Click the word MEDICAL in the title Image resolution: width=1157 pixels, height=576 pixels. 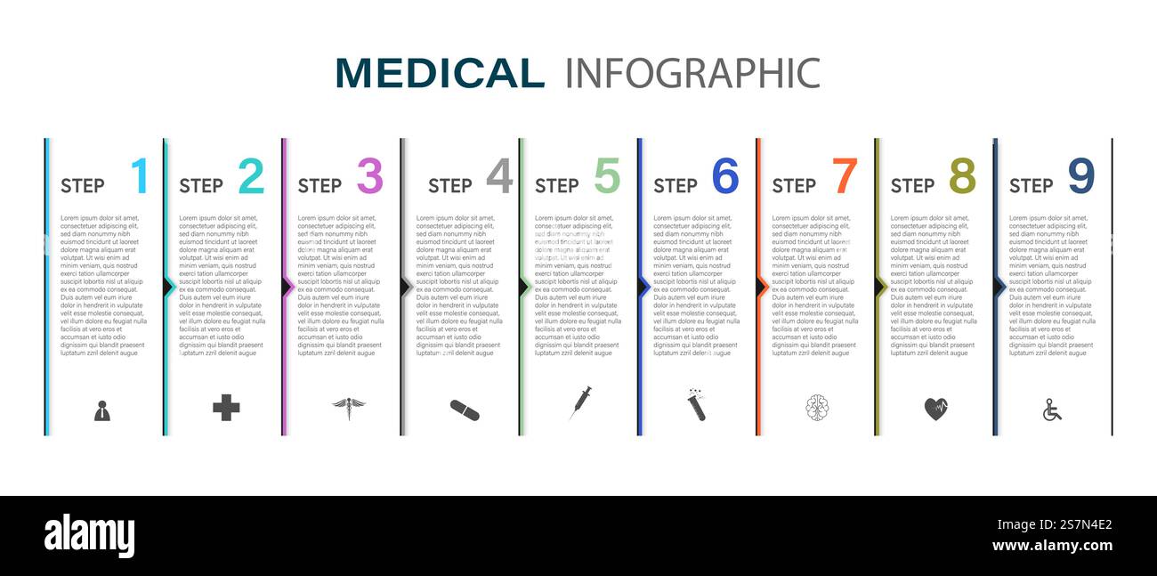(x=440, y=73)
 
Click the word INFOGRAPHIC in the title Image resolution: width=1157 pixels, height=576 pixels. (x=692, y=73)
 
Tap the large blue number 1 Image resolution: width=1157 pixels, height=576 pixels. (x=140, y=176)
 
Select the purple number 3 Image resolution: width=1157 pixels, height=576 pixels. (x=369, y=176)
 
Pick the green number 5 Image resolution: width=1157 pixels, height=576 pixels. (x=607, y=176)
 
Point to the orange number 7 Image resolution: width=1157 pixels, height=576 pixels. (x=845, y=176)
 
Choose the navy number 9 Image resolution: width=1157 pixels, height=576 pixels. (x=1080, y=176)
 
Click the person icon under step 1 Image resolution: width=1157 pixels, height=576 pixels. (x=102, y=410)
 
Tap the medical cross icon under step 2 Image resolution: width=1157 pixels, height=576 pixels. (x=226, y=408)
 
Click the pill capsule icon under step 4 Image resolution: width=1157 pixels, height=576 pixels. (x=465, y=410)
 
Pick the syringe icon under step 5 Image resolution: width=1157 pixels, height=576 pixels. (x=580, y=403)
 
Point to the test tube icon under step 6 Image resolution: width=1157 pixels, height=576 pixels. (x=695, y=405)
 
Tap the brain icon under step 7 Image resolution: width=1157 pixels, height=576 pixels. (x=817, y=408)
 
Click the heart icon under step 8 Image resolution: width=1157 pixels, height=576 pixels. (x=935, y=409)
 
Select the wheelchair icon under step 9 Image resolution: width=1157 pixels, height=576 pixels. (x=1052, y=410)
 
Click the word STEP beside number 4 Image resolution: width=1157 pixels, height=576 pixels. (x=449, y=186)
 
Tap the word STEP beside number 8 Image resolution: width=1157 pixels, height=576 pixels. (x=912, y=186)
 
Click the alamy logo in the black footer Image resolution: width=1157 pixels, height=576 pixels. (x=89, y=536)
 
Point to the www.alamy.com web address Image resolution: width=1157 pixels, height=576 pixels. (x=1052, y=546)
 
